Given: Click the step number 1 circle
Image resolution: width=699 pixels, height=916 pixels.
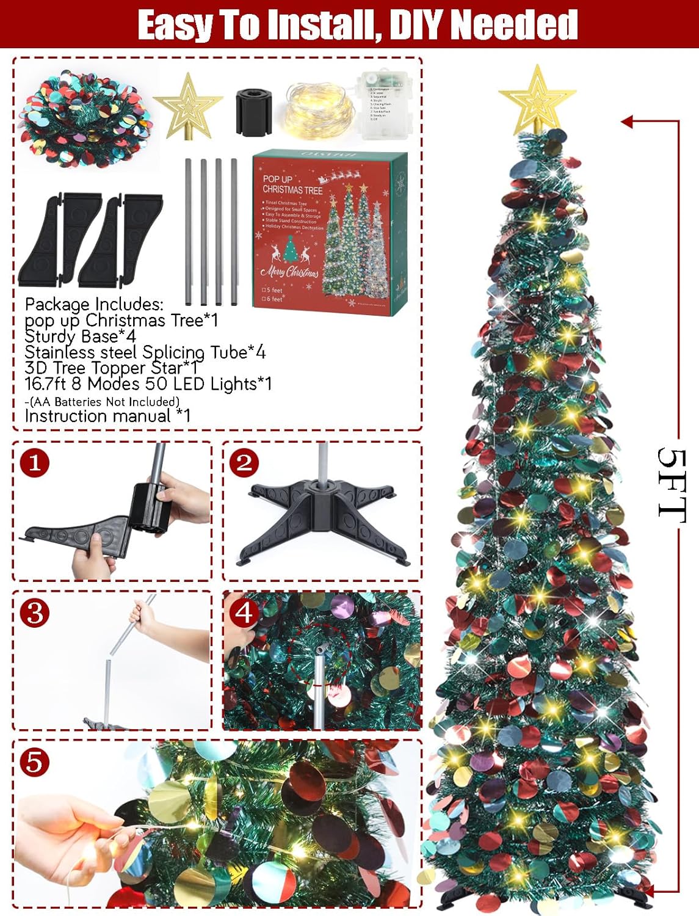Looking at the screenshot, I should pyautogui.click(x=34, y=462).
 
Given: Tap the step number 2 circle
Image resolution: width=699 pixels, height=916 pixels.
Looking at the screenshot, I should pyautogui.click(x=244, y=462).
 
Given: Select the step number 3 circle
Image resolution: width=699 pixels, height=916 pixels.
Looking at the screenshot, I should pyautogui.click(x=34, y=612).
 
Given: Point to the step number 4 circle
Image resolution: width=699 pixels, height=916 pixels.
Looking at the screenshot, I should pyautogui.click(x=244, y=612).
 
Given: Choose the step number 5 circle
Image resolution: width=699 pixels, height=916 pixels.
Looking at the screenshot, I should pyautogui.click(x=34, y=762).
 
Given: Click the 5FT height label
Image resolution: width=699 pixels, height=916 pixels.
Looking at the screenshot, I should pyautogui.click(x=672, y=485).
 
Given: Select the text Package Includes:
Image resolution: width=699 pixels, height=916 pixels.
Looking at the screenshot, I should pyautogui.click(x=94, y=304).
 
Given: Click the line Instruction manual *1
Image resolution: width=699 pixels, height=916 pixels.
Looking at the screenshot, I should pyautogui.click(x=107, y=416).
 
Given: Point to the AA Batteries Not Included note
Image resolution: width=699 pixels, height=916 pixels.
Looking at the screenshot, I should pyautogui.click(x=103, y=401).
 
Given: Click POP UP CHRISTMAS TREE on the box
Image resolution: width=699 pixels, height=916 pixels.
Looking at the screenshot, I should pyautogui.click(x=292, y=184).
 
